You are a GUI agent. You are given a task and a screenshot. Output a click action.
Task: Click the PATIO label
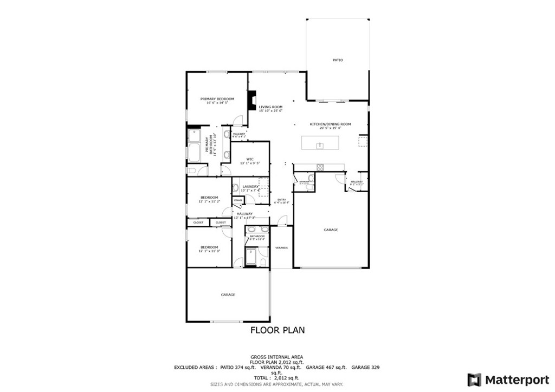pos(338,60)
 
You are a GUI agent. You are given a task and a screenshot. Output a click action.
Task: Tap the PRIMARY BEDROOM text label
pos(217,99)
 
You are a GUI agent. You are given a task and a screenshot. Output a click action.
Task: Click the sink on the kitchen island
pos(320,145)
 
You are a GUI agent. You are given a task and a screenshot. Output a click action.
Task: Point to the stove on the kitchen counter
pos(320,166)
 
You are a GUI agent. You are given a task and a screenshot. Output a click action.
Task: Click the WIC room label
pos(250,159)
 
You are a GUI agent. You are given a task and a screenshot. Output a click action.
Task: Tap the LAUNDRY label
pos(250,187)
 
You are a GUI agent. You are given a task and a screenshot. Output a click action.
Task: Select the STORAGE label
pos(238,201)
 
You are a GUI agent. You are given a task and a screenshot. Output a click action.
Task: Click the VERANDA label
pos(281,247)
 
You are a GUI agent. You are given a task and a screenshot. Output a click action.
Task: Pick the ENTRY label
pos(281,200)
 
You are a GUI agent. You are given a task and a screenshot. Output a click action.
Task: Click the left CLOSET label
pos(198,223)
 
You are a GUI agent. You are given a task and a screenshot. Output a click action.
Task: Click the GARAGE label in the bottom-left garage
pos(228,295)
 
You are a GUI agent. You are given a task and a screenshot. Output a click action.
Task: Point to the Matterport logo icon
pos(474,380)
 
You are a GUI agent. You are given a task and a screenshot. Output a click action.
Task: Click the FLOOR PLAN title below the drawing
pos(277,330)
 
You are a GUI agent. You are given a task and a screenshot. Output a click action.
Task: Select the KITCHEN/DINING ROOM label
pos(330,124)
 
